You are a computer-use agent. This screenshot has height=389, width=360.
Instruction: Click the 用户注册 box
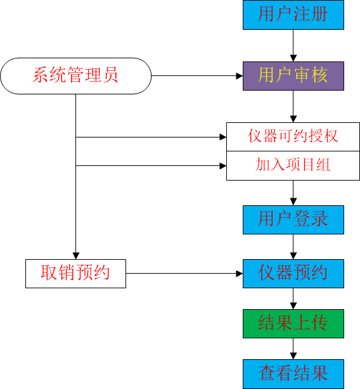pos(293,15)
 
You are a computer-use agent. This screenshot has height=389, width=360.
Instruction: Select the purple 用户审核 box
pos(293,76)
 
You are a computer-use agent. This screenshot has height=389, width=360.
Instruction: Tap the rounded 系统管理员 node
pos(75,76)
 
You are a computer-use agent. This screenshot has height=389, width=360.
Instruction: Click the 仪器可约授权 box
pos(293,137)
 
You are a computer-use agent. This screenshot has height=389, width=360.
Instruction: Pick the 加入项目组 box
pos(293,165)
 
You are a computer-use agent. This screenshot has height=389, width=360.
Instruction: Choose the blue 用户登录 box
pos(293,220)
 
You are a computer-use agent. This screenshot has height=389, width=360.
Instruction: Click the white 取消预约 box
pos(75,274)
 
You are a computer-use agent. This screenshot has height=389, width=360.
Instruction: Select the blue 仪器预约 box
pos(293,274)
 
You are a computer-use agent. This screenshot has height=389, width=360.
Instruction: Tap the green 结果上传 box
pos(293,324)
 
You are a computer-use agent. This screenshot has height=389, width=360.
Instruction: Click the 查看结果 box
pos(293,374)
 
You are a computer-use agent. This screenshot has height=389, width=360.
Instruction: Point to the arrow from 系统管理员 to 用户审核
pos(197,76)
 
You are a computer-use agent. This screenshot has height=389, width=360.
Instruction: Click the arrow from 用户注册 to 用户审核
pos(293,46)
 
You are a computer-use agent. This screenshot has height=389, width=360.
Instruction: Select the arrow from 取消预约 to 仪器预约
pos(184,274)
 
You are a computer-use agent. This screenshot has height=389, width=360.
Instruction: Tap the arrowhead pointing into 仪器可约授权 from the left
pos(223,137)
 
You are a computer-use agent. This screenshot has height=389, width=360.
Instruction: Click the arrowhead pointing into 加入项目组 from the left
pos(223,166)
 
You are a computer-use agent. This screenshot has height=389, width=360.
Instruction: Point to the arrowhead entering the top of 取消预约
pos(75,256)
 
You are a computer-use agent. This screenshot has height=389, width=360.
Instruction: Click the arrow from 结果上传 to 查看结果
pos(293,348)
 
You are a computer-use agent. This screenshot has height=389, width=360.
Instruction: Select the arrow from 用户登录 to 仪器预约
pos(293,246)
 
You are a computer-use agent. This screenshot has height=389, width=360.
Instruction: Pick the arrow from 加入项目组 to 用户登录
pos(293,193)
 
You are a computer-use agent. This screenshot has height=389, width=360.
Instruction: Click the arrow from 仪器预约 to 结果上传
pos(293,298)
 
